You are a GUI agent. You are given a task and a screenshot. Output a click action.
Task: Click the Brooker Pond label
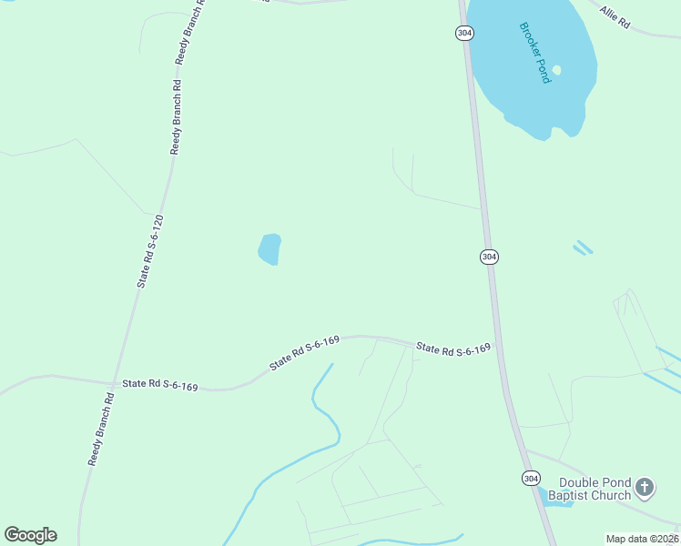[x=534, y=53]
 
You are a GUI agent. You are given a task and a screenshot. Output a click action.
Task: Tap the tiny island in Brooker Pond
[x=556, y=70]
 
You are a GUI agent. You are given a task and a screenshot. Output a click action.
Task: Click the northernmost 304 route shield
[x=464, y=33]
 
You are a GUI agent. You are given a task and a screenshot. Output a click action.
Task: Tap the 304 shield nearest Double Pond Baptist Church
[x=531, y=478]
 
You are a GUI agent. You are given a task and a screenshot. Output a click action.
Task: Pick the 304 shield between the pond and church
[x=489, y=257]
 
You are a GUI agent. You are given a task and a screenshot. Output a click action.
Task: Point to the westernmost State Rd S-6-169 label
[x=160, y=386]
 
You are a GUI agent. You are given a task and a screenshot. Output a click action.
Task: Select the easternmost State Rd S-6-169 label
[x=453, y=349]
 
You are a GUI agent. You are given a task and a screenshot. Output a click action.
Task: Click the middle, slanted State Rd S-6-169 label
[x=304, y=353]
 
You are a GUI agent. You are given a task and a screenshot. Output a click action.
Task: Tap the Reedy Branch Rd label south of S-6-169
[x=100, y=429]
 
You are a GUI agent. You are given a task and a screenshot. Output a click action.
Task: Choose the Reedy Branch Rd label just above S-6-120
[x=177, y=116]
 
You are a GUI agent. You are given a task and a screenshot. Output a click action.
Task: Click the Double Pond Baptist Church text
[x=595, y=489]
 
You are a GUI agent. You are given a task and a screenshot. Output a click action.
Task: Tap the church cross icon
[x=644, y=489]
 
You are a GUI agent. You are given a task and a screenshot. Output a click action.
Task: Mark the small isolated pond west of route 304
[x=269, y=249]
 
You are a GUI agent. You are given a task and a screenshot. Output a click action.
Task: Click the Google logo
[x=30, y=535]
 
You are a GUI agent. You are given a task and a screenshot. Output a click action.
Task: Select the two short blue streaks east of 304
[x=583, y=248]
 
